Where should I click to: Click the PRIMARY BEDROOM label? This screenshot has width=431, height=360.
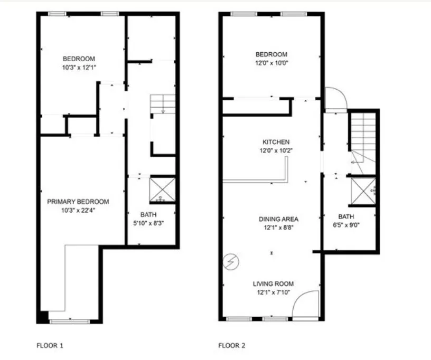[x=78, y=202]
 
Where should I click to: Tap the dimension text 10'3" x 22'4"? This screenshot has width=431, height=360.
[x=78, y=210]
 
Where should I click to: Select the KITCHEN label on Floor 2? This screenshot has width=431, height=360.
[x=276, y=142]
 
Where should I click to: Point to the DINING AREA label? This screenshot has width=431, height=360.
[x=278, y=219]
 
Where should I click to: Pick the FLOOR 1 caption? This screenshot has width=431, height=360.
[x=50, y=346]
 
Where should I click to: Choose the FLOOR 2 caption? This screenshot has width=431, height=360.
[x=232, y=346]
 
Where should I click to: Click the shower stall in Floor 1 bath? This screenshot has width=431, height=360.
[x=163, y=190]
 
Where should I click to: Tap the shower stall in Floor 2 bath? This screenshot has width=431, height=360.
[x=363, y=191]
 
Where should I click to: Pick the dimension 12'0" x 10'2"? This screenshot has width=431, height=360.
[x=276, y=150]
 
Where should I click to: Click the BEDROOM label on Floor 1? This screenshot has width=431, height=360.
[x=79, y=59]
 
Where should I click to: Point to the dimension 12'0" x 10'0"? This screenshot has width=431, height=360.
[x=271, y=63]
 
